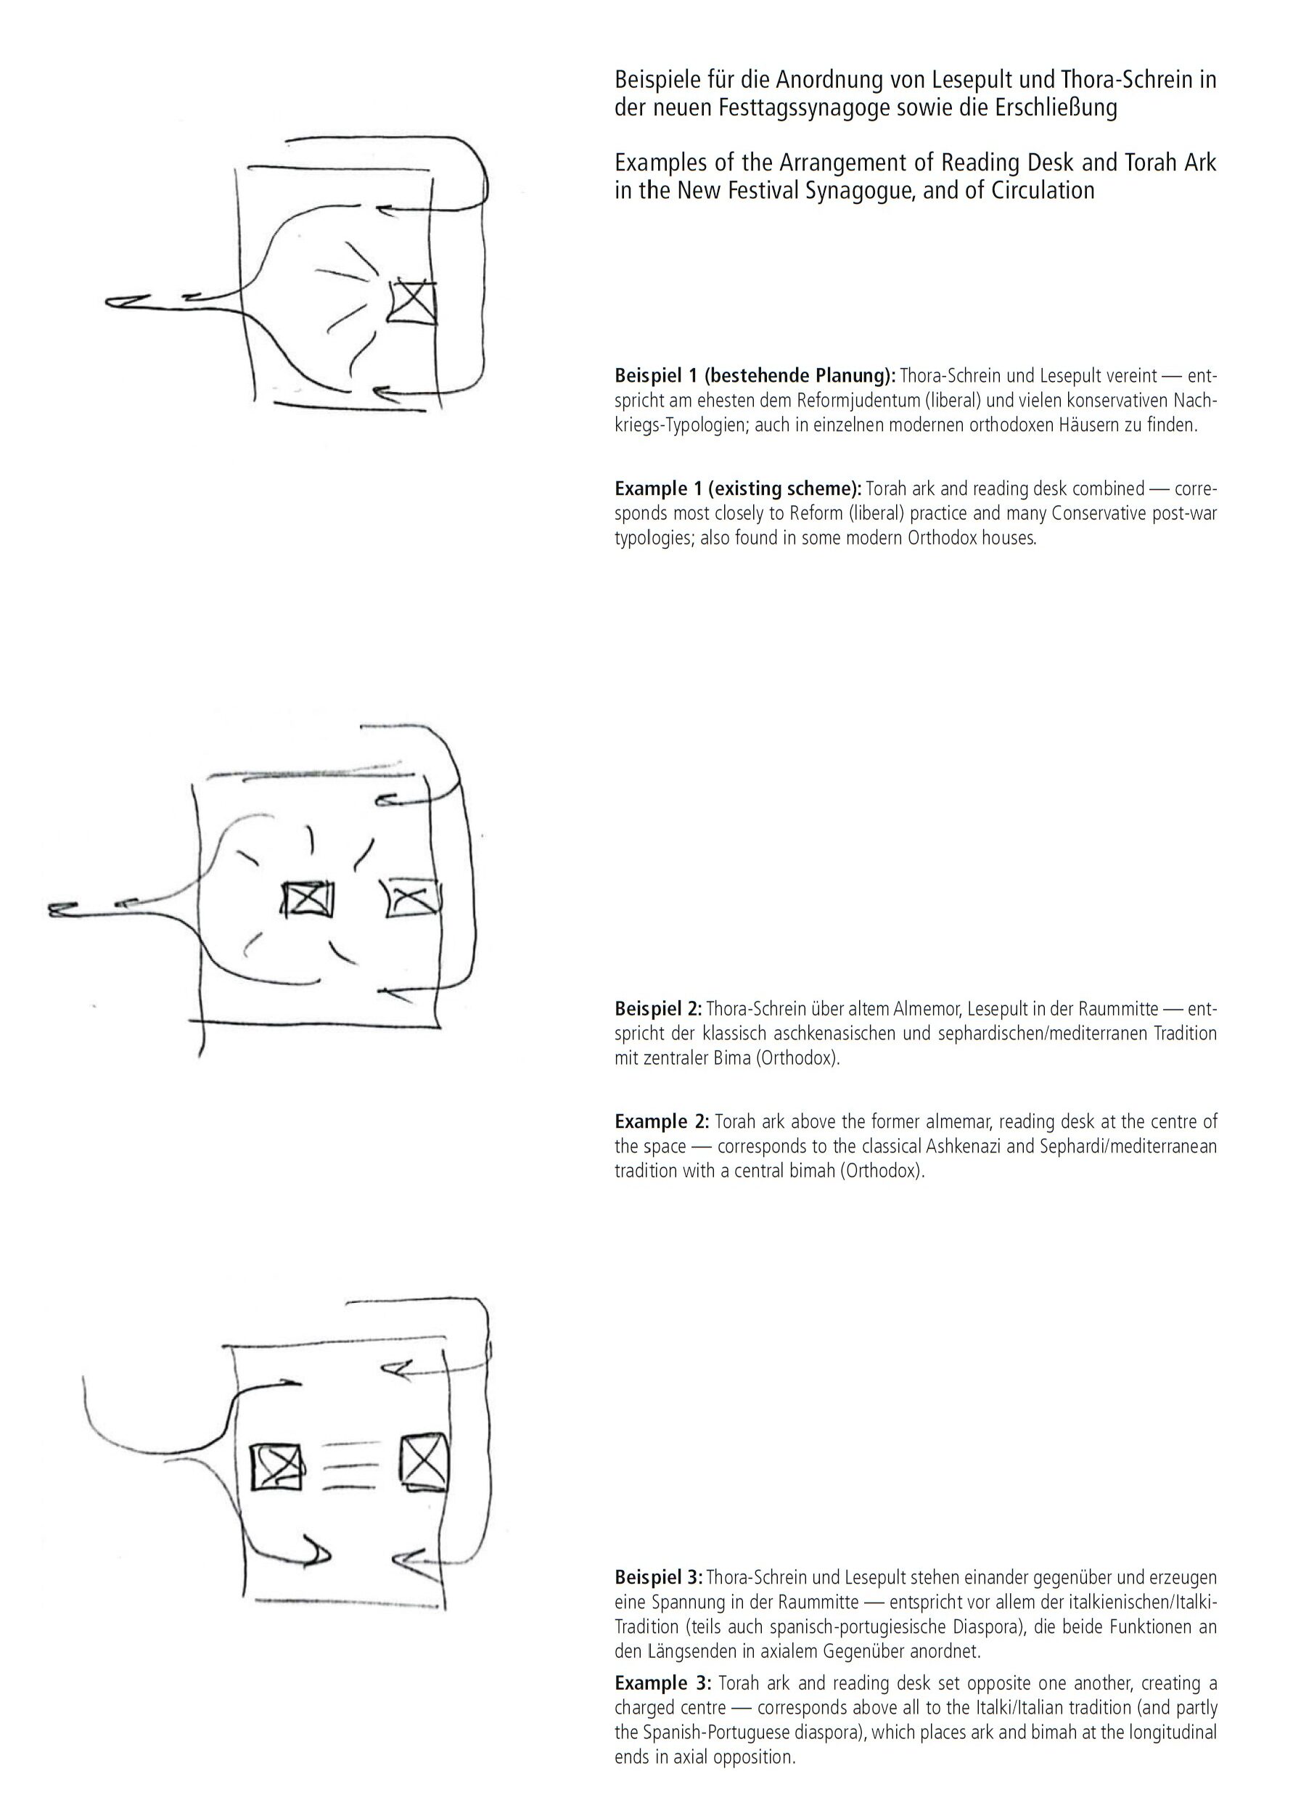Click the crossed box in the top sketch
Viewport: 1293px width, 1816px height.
click(413, 303)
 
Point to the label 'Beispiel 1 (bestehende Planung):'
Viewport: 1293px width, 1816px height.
click(755, 375)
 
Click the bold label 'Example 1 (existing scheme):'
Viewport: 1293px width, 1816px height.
click(738, 488)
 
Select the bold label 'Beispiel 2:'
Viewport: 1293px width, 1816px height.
click(657, 1009)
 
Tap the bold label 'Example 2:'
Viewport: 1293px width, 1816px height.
click(661, 1121)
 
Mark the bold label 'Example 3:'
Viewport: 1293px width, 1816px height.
click(662, 1683)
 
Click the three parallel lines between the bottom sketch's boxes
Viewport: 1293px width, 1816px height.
click(350, 1465)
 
